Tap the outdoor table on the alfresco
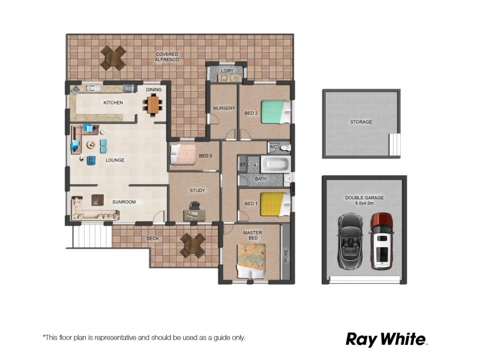point(113,58)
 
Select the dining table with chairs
point(154,106)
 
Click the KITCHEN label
point(113,103)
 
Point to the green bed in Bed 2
point(275,112)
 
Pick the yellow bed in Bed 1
point(275,203)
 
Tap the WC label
point(272,146)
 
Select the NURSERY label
point(224,109)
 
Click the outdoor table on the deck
point(193,245)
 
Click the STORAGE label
point(361,122)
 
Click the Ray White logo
point(386,339)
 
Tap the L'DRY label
point(227,71)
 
